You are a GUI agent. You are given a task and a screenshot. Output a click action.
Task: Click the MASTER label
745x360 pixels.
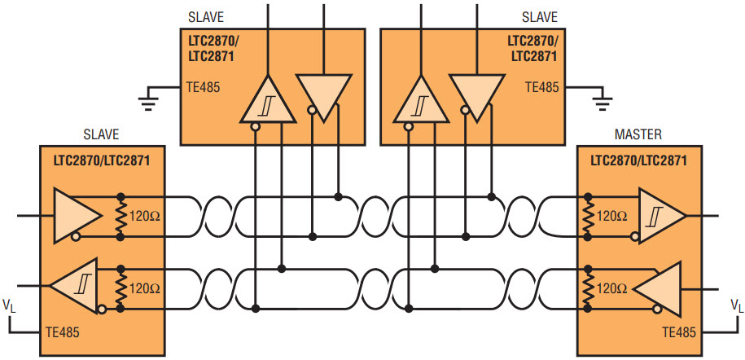click(x=638, y=134)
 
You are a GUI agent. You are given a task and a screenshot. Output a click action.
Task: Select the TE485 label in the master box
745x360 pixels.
click(x=679, y=332)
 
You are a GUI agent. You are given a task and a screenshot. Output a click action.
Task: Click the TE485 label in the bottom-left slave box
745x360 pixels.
click(x=62, y=332)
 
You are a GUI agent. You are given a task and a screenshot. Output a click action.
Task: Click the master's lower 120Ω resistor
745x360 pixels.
click(x=588, y=288)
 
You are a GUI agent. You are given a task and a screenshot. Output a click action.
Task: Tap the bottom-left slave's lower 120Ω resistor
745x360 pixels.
click(x=121, y=288)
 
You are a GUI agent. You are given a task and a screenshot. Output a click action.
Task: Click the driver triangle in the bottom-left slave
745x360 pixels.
click(x=76, y=215)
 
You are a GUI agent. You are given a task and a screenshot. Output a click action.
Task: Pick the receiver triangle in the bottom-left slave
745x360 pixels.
click(x=76, y=286)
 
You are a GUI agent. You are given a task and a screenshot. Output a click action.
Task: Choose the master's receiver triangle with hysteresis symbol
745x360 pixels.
click(x=661, y=215)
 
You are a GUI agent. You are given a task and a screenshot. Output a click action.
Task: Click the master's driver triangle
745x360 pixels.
click(x=658, y=288)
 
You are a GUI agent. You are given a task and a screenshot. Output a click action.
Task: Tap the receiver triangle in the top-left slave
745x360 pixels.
click(x=269, y=100)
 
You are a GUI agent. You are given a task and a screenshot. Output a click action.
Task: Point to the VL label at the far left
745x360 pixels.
click(x=10, y=305)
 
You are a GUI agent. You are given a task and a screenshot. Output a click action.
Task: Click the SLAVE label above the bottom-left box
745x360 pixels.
click(x=100, y=134)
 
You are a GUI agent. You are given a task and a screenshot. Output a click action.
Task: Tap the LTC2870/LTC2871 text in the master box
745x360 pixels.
click(x=638, y=160)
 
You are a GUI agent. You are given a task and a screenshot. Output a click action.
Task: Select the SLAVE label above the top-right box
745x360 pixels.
click(x=539, y=18)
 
